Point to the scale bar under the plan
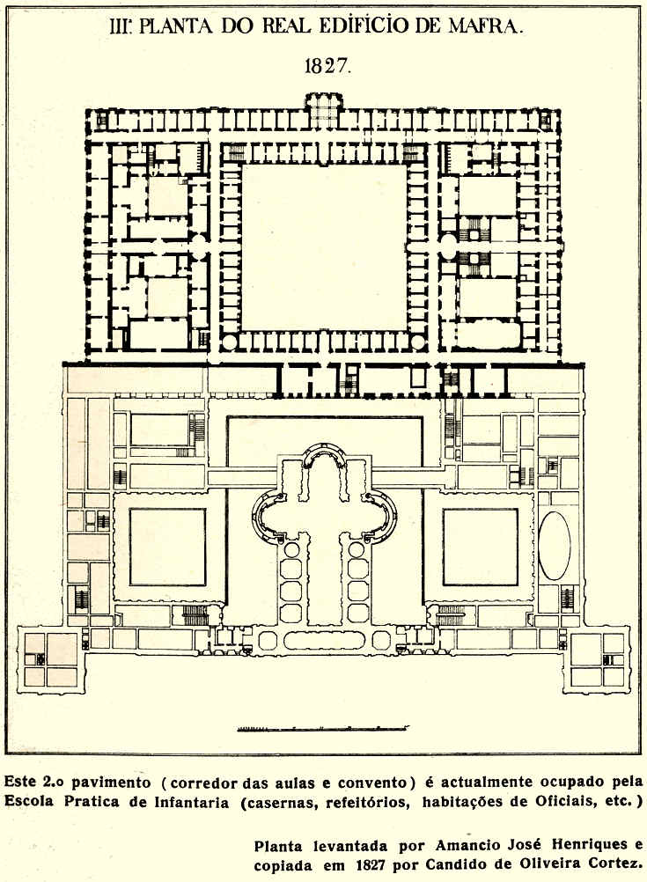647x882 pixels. (x=323, y=728)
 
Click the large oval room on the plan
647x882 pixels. (x=555, y=546)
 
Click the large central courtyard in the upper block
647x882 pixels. (x=324, y=246)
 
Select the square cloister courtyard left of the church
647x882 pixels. (x=167, y=547)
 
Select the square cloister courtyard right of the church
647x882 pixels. (x=480, y=547)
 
